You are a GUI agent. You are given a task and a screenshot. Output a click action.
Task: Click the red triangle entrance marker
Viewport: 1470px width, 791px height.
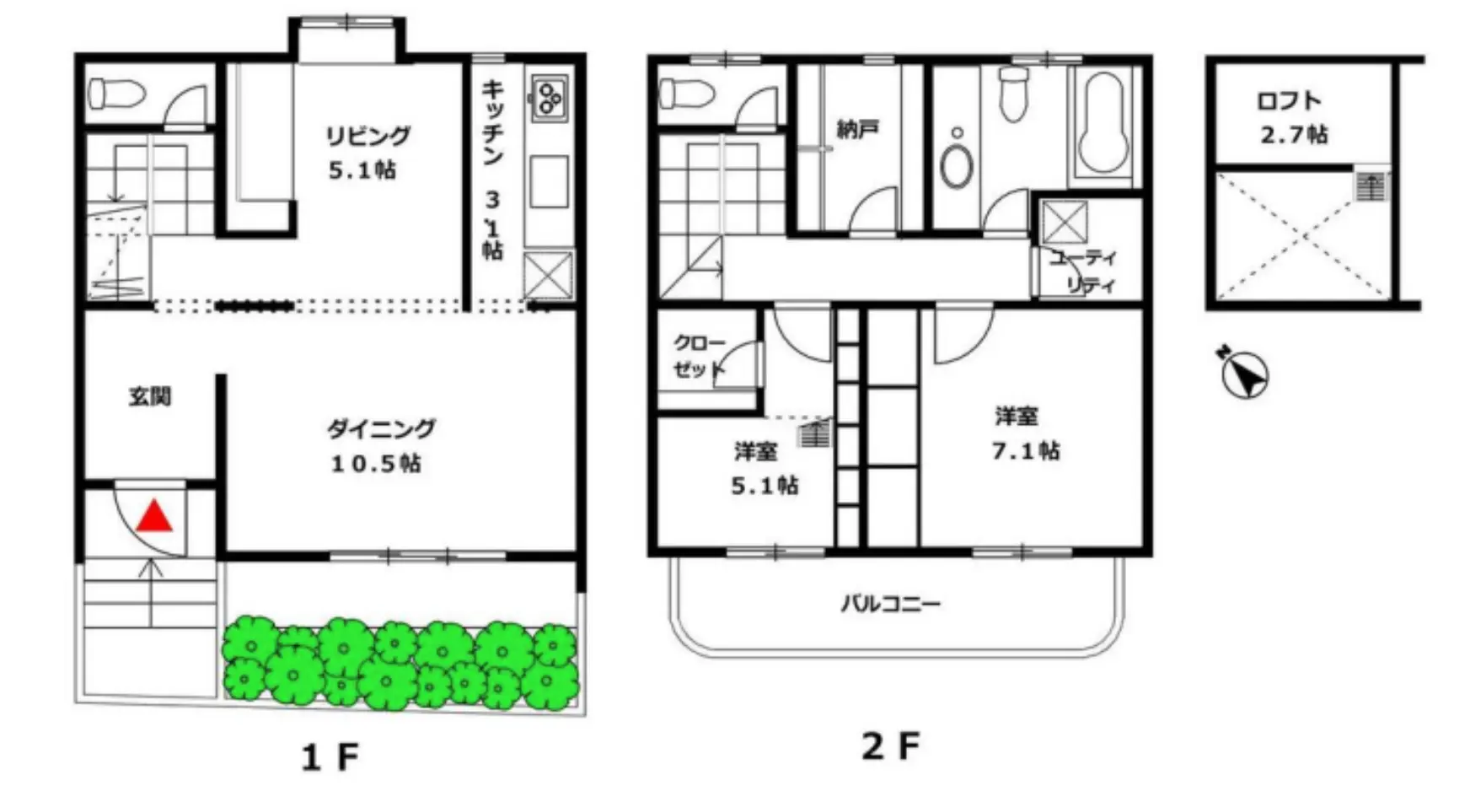154,516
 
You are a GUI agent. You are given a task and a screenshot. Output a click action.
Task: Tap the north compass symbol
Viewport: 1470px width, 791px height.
1243,371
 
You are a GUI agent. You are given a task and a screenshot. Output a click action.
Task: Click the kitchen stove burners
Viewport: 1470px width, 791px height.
550,97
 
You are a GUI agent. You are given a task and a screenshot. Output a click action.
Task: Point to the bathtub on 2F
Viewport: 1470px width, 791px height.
1104,122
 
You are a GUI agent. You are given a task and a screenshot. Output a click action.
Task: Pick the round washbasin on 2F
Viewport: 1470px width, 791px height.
957,164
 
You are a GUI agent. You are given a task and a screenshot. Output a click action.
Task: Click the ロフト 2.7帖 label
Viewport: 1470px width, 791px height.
1292,118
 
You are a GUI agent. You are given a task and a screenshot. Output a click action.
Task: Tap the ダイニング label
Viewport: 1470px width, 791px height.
381,428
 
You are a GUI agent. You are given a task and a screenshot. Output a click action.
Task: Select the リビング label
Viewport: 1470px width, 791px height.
368,135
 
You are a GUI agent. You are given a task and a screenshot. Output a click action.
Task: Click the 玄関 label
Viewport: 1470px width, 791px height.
150,395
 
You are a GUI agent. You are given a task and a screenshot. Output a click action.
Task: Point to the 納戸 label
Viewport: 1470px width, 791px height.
858,129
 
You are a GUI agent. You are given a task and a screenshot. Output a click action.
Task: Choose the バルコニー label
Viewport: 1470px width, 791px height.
891,604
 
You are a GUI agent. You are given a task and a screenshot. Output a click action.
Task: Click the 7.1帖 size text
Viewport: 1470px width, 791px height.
1026,451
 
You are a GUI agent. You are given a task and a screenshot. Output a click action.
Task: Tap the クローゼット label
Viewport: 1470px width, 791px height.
699,356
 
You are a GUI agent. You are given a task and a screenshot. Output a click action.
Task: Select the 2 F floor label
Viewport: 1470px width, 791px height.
891,746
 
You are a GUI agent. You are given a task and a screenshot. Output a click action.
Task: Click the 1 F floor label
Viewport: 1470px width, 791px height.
330,757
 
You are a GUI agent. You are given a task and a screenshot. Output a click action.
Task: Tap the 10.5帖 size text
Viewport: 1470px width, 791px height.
376,464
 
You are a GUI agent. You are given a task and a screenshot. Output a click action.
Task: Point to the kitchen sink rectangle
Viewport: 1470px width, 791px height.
549,180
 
